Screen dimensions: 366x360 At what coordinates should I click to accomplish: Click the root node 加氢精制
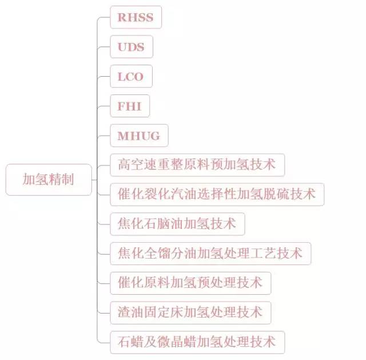click(x=49, y=180)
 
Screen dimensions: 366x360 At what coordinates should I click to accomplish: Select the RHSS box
click(x=136, y=17)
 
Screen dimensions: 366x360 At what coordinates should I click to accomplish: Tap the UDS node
click(x=132, y=47)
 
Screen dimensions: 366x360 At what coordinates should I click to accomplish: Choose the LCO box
click(x=131, y=76)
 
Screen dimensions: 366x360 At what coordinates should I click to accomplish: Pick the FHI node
click(x=130, y=106)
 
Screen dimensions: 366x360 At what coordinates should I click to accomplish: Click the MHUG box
click(x=139, y=136)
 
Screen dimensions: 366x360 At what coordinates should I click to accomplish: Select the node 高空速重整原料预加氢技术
click(x=197, y=165)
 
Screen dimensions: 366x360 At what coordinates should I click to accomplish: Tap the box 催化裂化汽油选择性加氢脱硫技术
click(x=217, y=195)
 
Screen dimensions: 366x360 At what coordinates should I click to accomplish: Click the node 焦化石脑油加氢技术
click(x=177, y=224)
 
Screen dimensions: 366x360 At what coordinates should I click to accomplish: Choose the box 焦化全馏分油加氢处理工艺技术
click(x=210, y=254)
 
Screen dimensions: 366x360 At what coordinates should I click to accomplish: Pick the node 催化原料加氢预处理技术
click(x=190, y=283)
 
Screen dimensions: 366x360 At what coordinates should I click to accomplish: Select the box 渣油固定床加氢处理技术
click(x=190, y=313)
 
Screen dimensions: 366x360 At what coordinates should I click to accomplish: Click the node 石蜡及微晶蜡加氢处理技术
click(x=197, y=342)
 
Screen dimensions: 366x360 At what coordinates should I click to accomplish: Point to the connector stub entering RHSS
click(x=104, y=17)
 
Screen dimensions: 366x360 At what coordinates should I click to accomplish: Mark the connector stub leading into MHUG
click(x=104, y=136)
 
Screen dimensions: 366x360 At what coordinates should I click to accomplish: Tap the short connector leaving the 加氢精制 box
click(x=94, y=180)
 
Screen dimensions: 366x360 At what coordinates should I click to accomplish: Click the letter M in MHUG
click(x=123, y=136)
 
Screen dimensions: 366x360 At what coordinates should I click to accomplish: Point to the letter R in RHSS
click(x=122, y=17)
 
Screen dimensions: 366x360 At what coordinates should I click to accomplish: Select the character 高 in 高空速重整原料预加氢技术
click(x=124, y=164)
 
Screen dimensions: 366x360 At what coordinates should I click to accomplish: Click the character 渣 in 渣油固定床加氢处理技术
click(x=124, y=312)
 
